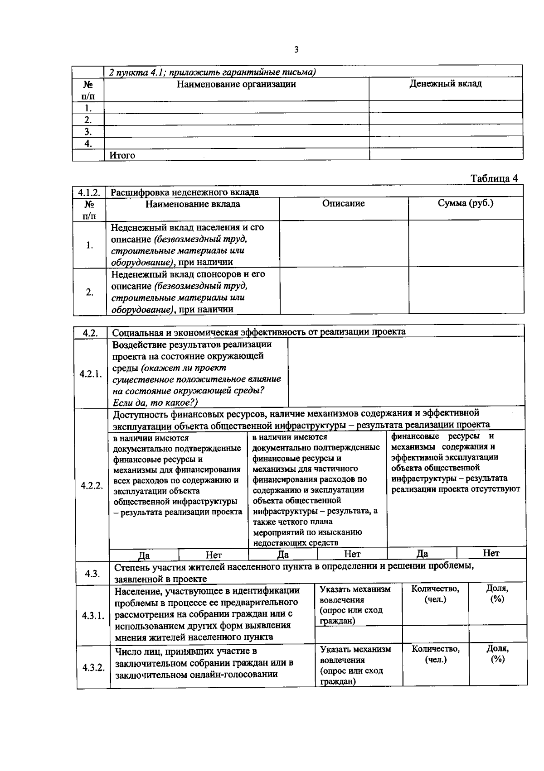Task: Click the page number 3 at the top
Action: pyautogui.click(x=296, y=50)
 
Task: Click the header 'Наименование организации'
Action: pyautogui.click(x=236, y=84)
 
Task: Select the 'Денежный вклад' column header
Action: pyautogui.click(x=445, y=84)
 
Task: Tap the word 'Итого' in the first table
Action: pyautogui.click(x=122, y=155)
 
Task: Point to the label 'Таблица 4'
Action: pyautogui.click(x=494, y=178)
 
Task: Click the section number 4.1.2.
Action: pyautogui.click(x=89, y=192)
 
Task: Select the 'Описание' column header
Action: pyautogui.click(x=343, y=204)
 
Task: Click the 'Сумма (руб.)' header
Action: pyautogui.click(x=465, y=203)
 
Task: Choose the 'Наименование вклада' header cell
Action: pyautogui.click(x=193, y=204)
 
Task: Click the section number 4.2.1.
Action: pyautogui.click(x=91, y=374)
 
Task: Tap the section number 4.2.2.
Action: pyautogui.click(x=92, y=486)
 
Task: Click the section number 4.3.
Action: pyautogui.click(x=92, y=574)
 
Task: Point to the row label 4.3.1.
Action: pyautogui.click(x=93, y=616)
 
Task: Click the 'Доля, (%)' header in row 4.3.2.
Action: pyautogui.click(x=497, y=654)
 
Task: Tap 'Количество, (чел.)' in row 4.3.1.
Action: pyautogui.click(x=435, y=594)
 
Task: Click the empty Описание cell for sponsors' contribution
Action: pyautogui.click(x=344, y=291)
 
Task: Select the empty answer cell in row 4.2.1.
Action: pyautogui.click(x=406, y=372)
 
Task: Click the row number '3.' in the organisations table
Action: pyautogui.click(x=88, y=132)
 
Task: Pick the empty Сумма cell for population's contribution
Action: pyautogui.click(x=466, y=244)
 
